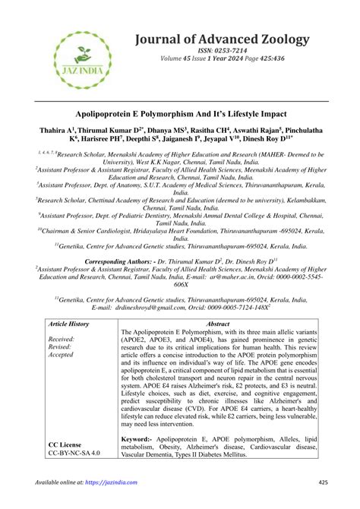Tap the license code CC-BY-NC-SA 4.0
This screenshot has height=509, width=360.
click(74, 453)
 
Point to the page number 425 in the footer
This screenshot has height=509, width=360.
click(323, 482)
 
